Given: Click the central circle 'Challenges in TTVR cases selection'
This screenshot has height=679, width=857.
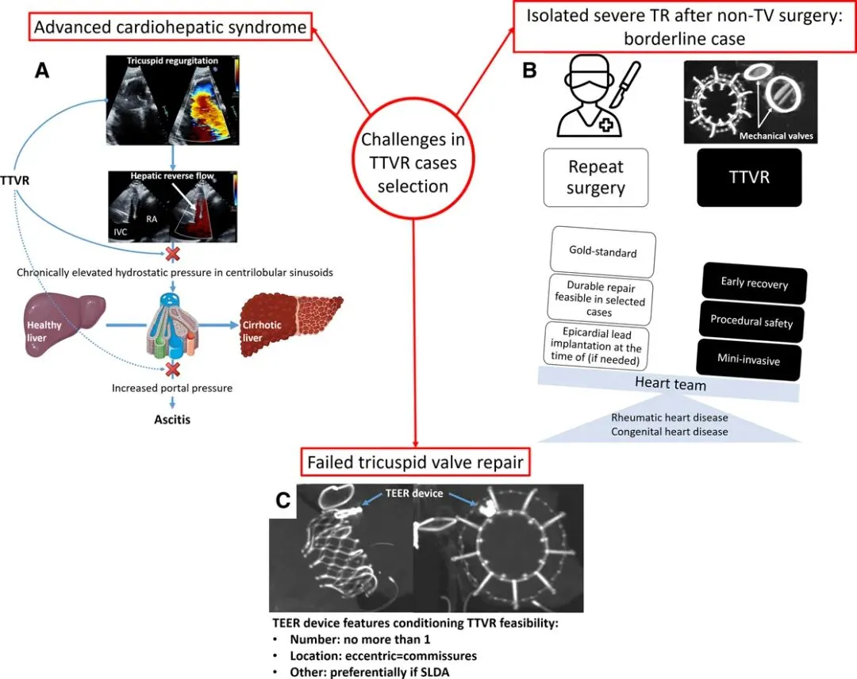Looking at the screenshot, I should tap(413, 163).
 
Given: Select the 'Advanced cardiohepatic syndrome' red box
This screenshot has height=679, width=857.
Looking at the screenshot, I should tap(170, 28).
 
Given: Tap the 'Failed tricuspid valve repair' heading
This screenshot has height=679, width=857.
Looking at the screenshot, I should tap(413, 461).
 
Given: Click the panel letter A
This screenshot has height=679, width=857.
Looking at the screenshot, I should tap(43, 71).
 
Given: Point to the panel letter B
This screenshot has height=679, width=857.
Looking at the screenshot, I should tap(529, 71).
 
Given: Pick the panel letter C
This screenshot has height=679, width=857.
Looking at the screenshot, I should tap(282, 501).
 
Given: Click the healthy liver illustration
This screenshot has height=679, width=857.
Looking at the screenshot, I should tap(55, 324).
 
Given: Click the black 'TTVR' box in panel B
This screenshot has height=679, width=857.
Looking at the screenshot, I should tap(749, 177).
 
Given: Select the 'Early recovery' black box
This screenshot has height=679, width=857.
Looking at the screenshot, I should tap(753, 282).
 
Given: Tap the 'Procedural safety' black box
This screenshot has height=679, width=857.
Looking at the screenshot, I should tap(751, 321).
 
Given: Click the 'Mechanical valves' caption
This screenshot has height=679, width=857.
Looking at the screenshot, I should tap(776, 136).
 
